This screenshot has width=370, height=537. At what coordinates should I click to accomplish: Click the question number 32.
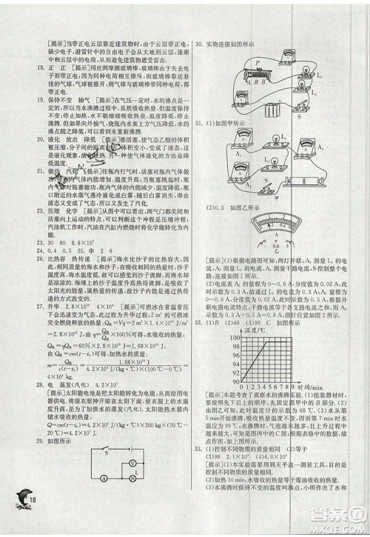(199, 324)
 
